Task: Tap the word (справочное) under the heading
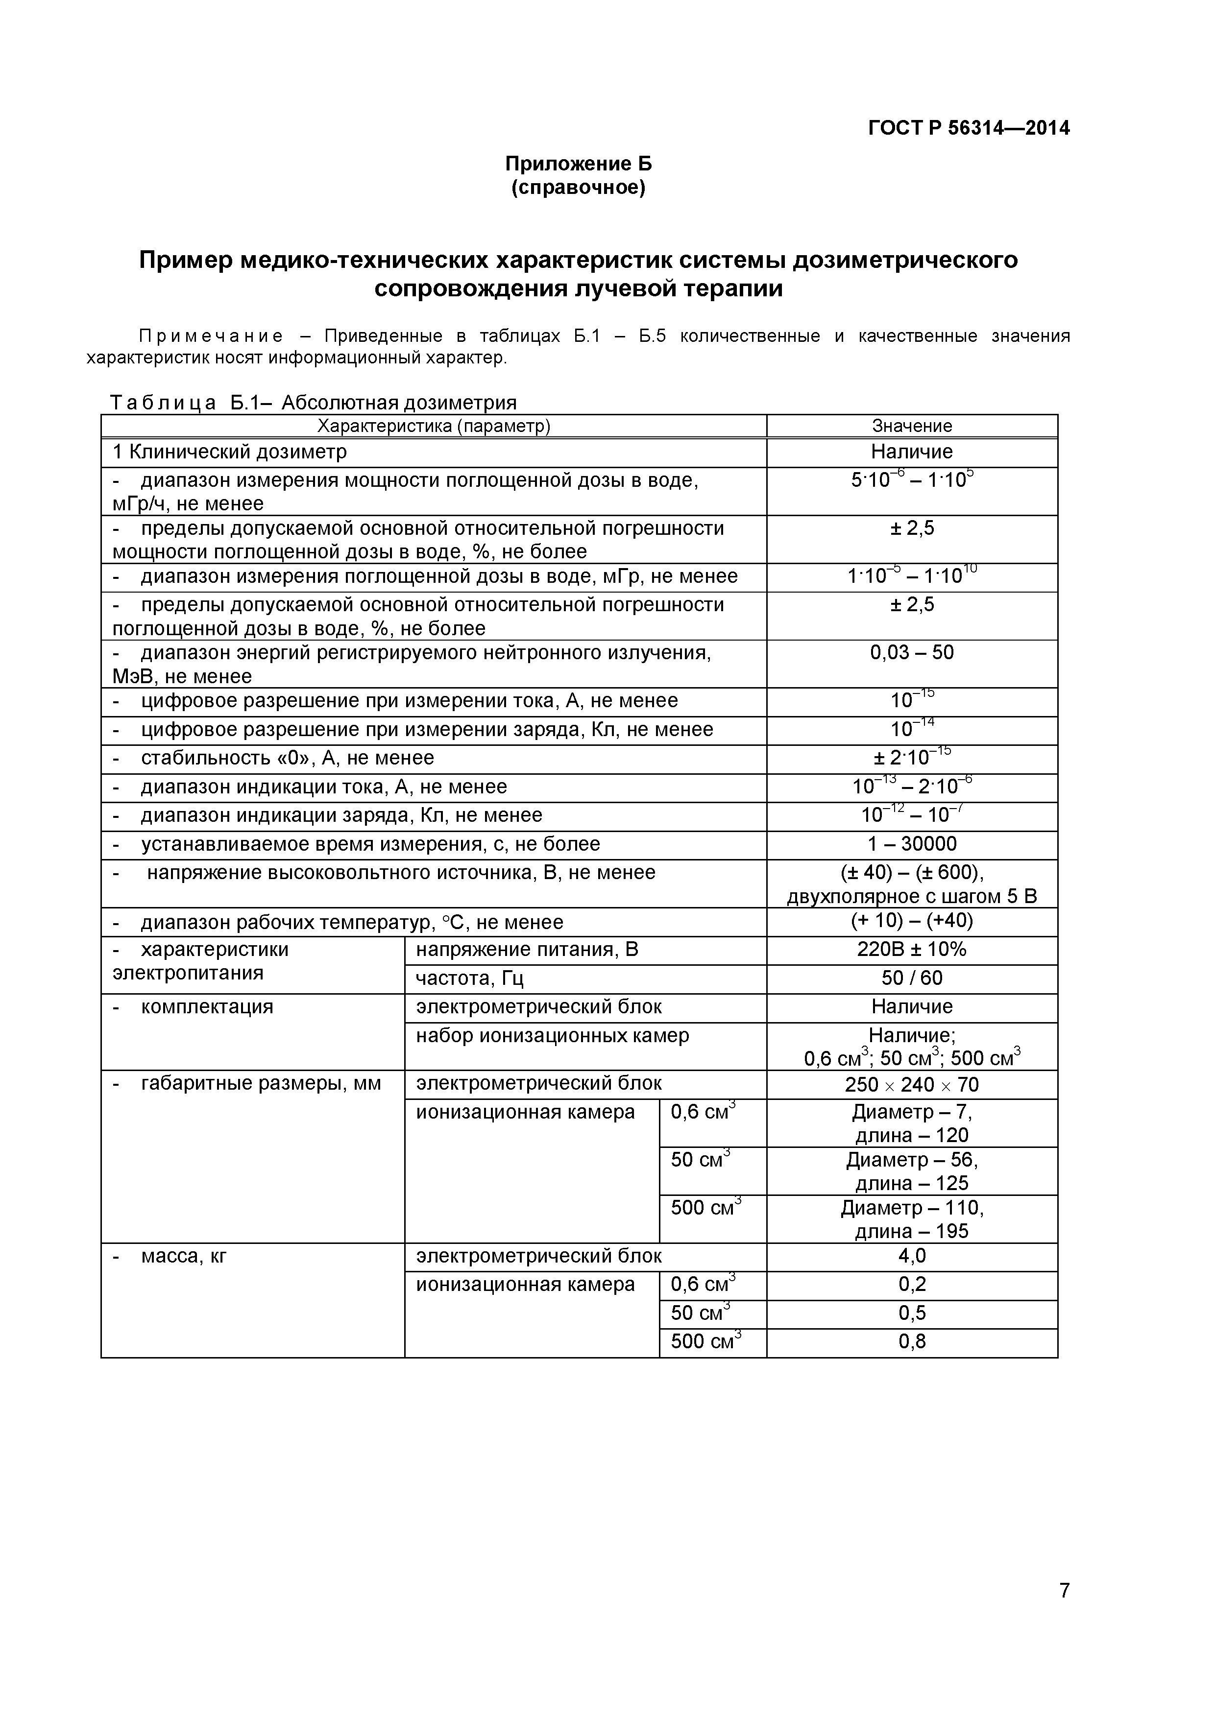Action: (578, 187)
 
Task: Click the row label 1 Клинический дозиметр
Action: (230, 452)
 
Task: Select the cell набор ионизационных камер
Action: (553, 1036)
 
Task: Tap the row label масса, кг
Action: (183, 1256)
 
